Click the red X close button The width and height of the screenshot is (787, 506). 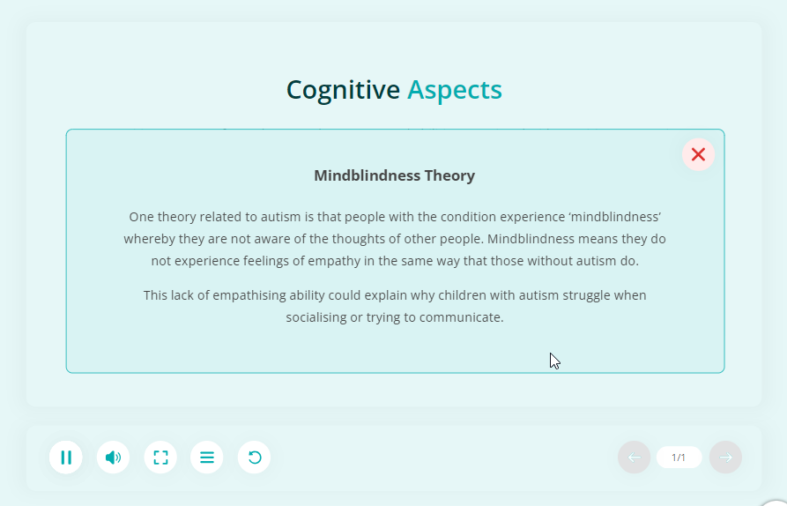tap(698, 154)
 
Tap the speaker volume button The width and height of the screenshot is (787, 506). tap(113, 458)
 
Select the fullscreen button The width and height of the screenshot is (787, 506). tap(160, 458)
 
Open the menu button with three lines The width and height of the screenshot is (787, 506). tap(207, 458)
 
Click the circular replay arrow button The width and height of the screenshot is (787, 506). tap(254, 458)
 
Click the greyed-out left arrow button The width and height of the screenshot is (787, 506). tap(634, 458)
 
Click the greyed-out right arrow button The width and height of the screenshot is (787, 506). tap(726, 458)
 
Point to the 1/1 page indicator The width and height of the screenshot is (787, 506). tap(679, 458)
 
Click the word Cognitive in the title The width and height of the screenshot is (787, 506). tap(344, 91)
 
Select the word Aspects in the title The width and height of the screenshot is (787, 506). tap(454, 91)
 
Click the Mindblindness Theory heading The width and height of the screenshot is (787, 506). tap(395, 175)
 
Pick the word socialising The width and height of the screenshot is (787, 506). tap(316, 317)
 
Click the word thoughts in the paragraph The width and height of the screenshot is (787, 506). tap(356, 240)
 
